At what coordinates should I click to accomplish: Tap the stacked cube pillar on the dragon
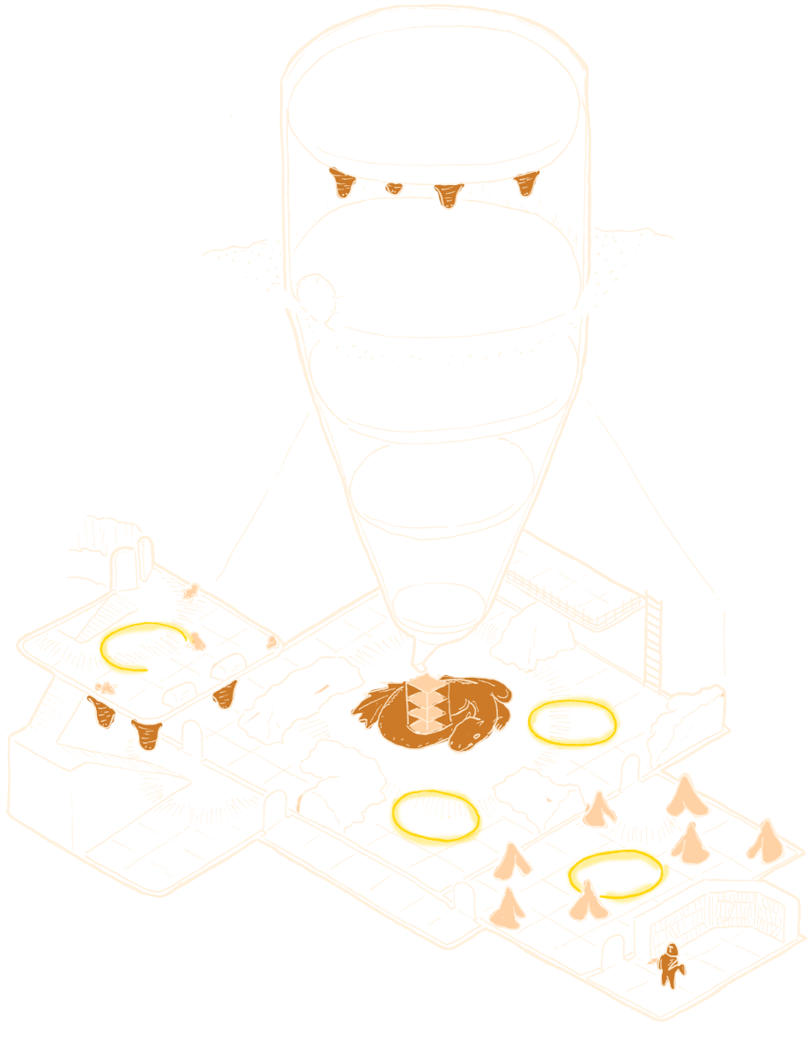point(428,705)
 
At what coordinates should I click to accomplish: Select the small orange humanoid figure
point(671,964)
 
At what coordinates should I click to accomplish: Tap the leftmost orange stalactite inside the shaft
point(342,184)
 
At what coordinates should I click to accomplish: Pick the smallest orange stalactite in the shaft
point(394,187)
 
